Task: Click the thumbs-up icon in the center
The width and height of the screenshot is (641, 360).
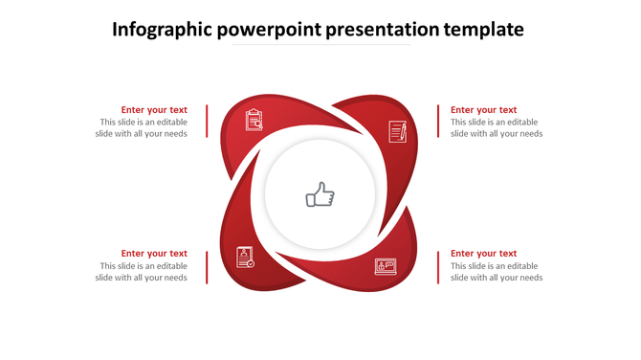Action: tap(320, 196)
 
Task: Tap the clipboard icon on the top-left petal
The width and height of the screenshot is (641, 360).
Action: tap(254, 120)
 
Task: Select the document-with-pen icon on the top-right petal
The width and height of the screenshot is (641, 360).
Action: tap(398, 131)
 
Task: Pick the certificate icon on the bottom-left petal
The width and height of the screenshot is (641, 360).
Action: tap(245, 257)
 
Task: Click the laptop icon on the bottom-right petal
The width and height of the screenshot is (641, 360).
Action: tap(386, 266)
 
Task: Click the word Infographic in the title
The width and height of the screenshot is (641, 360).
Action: tap(162, 30)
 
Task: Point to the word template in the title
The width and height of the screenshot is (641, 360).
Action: tap(484, 30)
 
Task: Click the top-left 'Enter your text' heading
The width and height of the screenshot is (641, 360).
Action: tap(154, 110)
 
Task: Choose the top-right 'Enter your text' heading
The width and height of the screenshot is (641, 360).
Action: tap(483, 110)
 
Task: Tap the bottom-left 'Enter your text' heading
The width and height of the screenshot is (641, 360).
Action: tap(154, 254)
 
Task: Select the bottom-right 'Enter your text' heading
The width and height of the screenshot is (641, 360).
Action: tap(483, 254)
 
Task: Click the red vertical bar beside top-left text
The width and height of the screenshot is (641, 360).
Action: tap(207, 122)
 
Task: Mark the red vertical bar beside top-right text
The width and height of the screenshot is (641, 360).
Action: tap(438, 122)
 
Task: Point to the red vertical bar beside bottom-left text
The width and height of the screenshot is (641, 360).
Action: tap(207, 266)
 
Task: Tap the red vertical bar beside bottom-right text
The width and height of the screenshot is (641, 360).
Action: tap(438, 266)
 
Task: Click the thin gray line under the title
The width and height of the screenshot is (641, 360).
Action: tap(320, 45)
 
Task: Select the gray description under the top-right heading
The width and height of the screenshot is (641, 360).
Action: tap(497, 128)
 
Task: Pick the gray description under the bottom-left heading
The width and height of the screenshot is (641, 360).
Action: tap(142, 272)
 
